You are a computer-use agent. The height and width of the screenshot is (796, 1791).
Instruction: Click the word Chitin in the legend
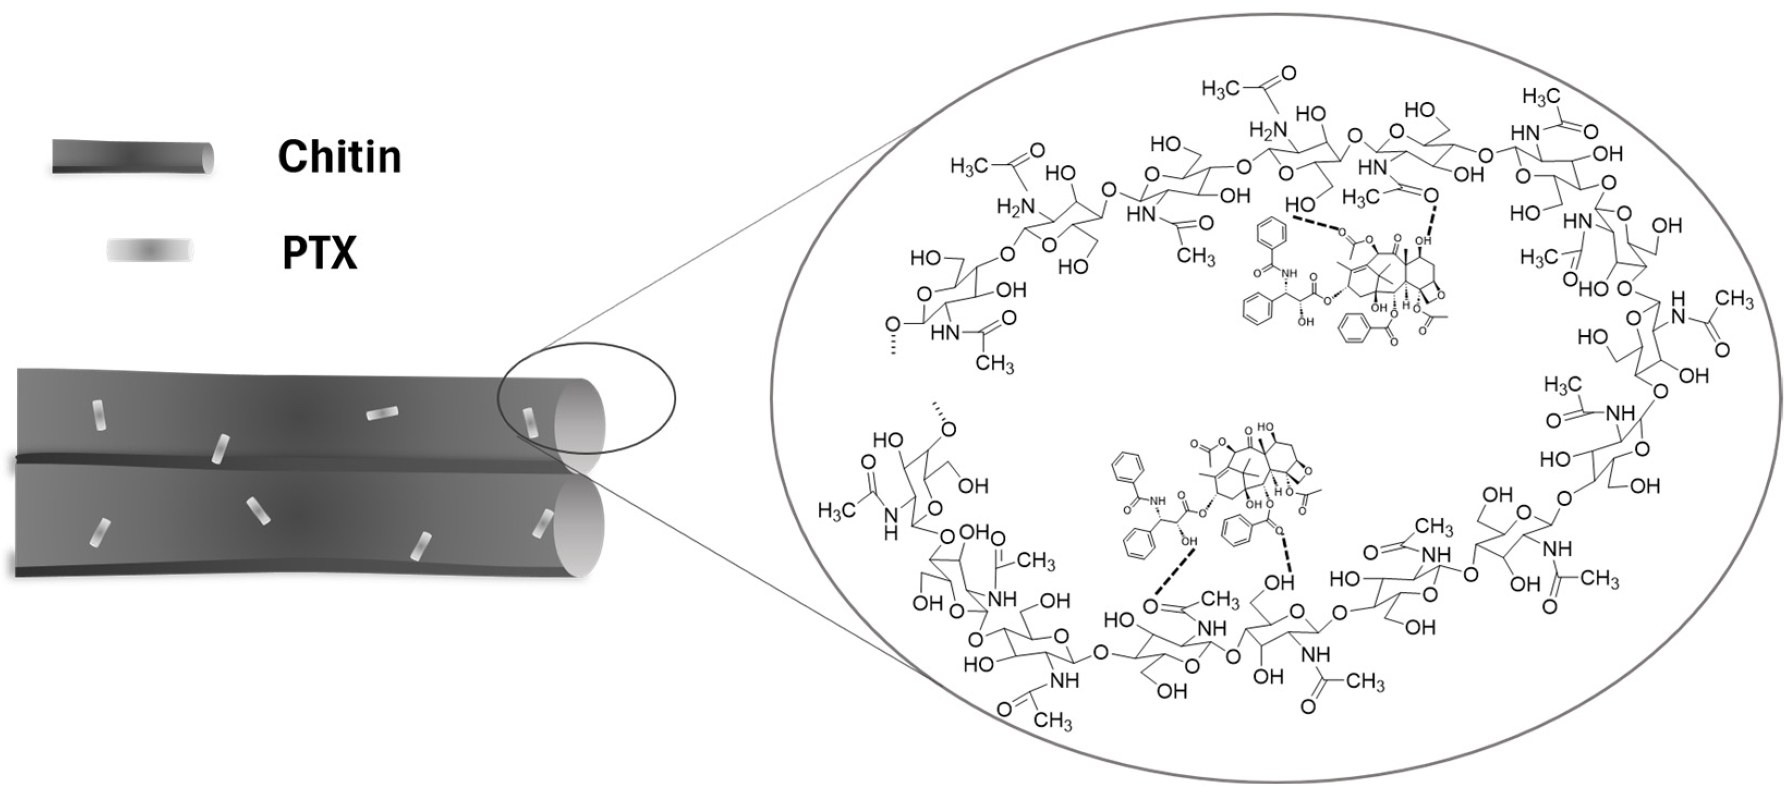(x=339, y=157)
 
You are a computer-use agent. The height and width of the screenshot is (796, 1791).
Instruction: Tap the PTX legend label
(x=319, y=253)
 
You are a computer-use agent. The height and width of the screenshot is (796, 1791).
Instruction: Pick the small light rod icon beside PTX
(x=149, y=249)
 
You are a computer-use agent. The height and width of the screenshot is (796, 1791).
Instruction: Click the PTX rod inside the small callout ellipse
(x=531, y=424)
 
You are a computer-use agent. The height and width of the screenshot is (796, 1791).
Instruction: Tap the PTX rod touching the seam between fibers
(x=221, y=449)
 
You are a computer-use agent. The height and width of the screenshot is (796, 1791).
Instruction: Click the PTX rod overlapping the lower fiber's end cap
(x=543, y=523)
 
